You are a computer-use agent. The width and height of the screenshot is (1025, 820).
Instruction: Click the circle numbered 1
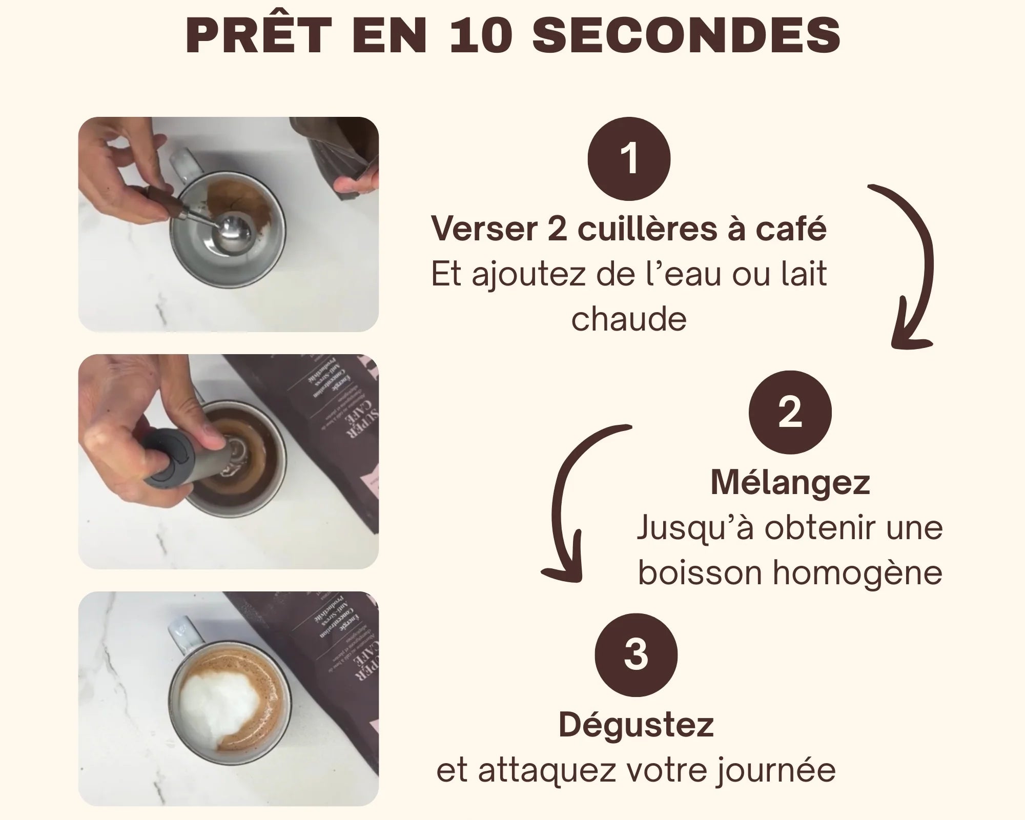629,159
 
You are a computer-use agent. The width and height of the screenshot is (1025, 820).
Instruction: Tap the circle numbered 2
790,412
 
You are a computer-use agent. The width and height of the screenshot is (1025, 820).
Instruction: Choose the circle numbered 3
636,655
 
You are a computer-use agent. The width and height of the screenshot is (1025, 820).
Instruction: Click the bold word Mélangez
790,483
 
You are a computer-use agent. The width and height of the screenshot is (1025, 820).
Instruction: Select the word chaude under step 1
629,319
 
